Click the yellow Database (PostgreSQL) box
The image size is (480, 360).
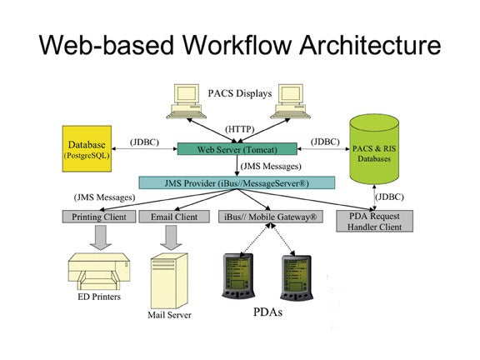87,149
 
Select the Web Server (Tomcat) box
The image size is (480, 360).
237,149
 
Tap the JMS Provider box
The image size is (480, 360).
237,182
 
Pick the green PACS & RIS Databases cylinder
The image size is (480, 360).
374,149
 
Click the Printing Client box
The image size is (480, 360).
99,217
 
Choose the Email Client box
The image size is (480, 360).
174,217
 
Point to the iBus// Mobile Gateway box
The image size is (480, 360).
271,217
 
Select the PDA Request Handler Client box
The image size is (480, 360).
374,221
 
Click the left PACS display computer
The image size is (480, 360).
186,102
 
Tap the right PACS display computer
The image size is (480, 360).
291,102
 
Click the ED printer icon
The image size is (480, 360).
99,271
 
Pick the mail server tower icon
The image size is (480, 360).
169,281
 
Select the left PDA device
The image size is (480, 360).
238,276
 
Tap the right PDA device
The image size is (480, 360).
296,278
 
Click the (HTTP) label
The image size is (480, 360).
240,129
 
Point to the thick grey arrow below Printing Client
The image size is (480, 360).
100,237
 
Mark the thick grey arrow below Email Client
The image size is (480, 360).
171,237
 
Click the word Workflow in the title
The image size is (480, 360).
237,45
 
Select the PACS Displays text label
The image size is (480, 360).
240,93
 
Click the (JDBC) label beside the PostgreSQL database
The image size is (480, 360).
144,142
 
